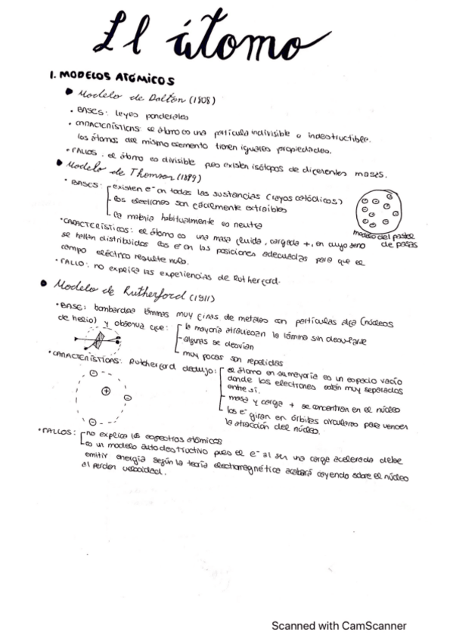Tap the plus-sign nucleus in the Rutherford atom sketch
point(106,392)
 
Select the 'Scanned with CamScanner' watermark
point(339,626)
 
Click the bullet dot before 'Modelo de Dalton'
point(69,92)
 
